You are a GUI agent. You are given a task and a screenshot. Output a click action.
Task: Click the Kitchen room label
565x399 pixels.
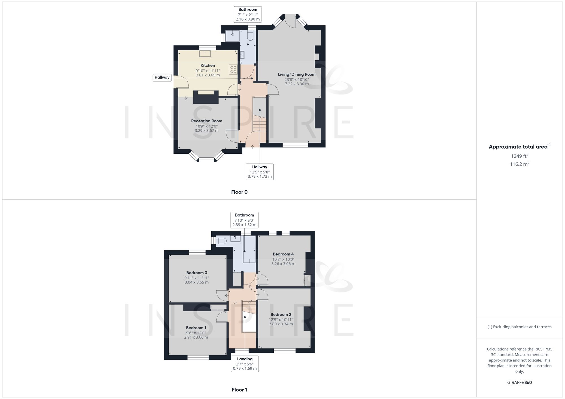pos(208,65)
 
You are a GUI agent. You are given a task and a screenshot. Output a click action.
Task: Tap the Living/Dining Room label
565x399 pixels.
pos(296,74)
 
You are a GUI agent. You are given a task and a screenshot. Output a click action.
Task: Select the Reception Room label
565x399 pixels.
pos(207,121)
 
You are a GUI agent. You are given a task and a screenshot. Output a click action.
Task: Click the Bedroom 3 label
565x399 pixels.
pos(197,273)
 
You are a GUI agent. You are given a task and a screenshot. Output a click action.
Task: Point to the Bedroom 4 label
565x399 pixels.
pos(283,254)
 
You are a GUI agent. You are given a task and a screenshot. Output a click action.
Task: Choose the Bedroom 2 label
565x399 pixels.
pos(281,314)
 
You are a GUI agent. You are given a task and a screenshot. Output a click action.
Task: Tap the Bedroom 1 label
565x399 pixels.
pos(196,328)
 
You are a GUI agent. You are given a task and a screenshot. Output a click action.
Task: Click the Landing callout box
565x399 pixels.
pos(245,363)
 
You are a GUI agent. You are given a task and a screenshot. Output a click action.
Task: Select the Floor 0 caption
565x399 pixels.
pos(239,192)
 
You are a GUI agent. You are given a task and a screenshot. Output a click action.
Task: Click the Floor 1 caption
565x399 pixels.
pos(239,390)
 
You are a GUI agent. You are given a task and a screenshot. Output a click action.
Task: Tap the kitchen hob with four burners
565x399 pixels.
pos(233,69)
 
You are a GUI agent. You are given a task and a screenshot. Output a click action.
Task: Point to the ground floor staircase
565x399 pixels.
pos(259,123)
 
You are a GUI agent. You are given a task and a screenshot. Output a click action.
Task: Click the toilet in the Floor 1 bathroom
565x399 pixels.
pos(221,241)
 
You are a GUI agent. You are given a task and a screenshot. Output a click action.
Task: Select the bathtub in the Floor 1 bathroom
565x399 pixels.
pos(249,249)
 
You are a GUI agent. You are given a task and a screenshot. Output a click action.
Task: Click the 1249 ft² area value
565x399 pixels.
pos(519,156)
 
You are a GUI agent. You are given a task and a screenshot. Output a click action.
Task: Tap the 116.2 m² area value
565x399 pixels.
pos(519,164)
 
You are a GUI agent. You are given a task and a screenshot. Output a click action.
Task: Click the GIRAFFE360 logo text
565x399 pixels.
pos(519,382)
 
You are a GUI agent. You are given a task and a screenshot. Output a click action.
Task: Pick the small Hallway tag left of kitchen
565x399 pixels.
pos(162,77)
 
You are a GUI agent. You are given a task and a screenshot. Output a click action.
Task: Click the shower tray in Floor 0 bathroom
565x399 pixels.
pos(232,36)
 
